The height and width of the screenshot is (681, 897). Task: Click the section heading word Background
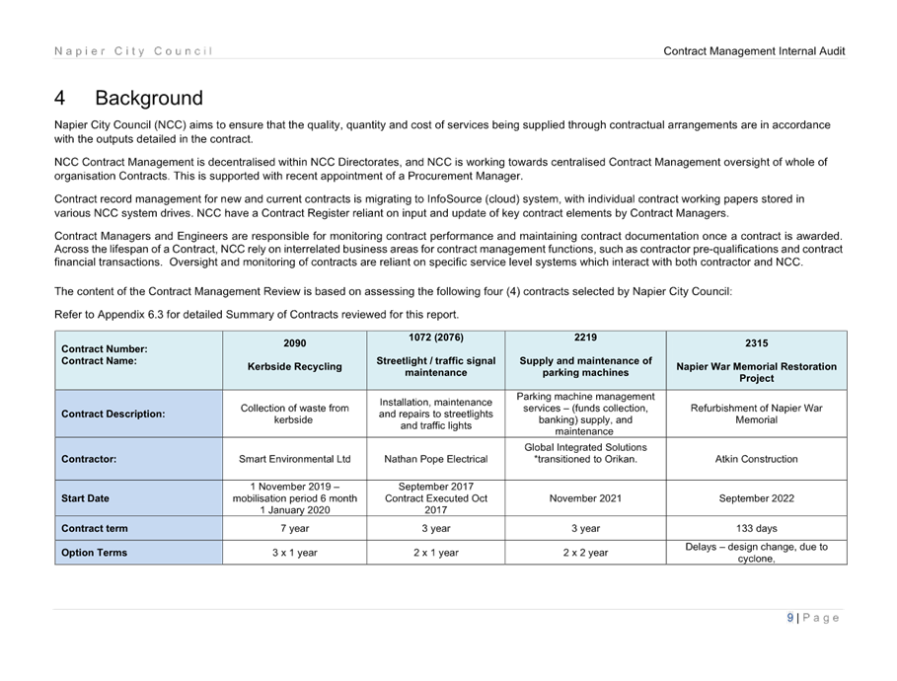tap(149, 98)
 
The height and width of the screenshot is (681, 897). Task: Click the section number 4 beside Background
tap(59, 98)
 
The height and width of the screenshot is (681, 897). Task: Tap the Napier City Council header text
tap(133, 51)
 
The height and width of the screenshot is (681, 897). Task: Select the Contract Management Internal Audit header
tap(754, 51)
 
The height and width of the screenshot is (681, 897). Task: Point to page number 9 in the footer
tap(790, 618)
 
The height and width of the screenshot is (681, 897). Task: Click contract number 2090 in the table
tap(295, 342)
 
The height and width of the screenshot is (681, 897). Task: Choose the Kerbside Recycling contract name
tap(295, 366)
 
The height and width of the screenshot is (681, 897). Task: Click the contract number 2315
tap(756, 342)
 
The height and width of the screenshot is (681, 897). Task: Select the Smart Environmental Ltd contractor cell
tap(295, 459)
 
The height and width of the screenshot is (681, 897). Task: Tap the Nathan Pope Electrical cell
tap(436, 459)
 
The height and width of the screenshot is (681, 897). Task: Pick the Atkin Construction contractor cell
tap(756, 459)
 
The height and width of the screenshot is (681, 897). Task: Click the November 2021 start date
tap(585, 498)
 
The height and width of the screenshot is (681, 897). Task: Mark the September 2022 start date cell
tap(756, 498)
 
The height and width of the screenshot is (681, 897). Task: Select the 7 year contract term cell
tap(295, 528)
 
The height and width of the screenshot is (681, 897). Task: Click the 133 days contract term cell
tap(756, 528)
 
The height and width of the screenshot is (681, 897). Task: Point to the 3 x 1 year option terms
tap(295, 553)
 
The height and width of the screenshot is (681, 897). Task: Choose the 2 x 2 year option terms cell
tap(585, 553)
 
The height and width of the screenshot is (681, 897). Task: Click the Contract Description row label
tap(112, 414)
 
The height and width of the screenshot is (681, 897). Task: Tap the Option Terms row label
tap(95, 553)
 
